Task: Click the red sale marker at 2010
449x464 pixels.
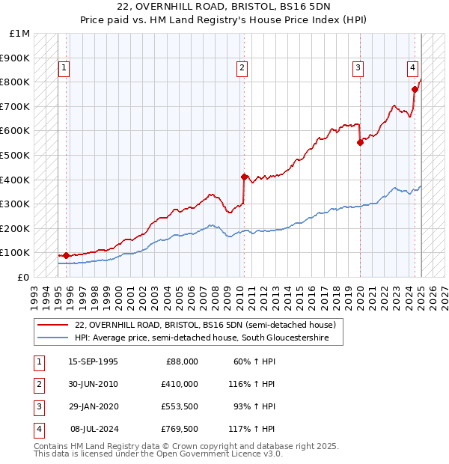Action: (244, 177)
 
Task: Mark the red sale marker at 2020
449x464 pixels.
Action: (360, 142)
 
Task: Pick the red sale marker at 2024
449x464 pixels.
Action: (415, 89)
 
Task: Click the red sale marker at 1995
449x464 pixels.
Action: (66, 255)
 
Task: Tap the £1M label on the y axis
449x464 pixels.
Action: (20, 34)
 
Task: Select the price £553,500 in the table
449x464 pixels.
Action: (179, 406)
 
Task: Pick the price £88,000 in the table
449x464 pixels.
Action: (181, 361)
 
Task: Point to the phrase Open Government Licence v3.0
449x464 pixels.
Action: (222, 454)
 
